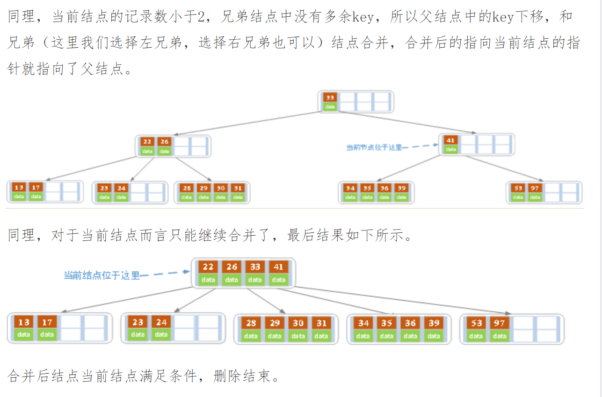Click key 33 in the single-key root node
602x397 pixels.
click(330, 97)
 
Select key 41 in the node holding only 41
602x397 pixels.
click(450, 140)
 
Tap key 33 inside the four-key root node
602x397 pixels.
click(255, 267)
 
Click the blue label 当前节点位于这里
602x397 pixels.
click(374, 148)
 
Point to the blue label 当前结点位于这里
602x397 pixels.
click(102, 275)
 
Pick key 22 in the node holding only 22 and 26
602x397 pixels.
click(147, 142)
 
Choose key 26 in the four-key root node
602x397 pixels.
click(232, 267)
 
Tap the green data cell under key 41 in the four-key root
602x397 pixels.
click(278, 280)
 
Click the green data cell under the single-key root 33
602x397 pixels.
click(330, 107)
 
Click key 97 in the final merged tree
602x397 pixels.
click(500, 323)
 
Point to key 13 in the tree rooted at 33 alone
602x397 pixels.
click(19, 188)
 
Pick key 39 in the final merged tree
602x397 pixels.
click(434, 323)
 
